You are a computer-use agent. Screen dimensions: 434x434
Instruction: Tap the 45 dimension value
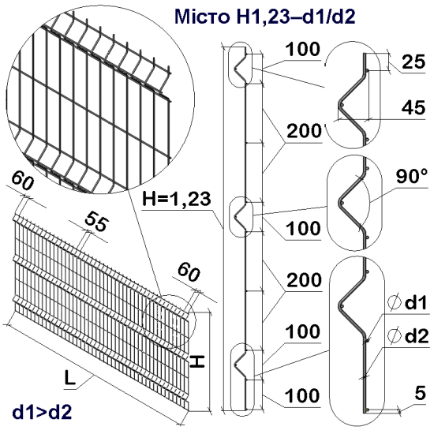coord(410,108)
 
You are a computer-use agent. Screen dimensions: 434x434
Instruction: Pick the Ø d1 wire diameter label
coord(407,304)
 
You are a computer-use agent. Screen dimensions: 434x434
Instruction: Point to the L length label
coord(70,380)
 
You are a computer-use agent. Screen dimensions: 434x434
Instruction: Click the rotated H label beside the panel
coord(196,361)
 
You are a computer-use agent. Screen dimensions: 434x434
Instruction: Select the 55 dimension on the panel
coord(95,222)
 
